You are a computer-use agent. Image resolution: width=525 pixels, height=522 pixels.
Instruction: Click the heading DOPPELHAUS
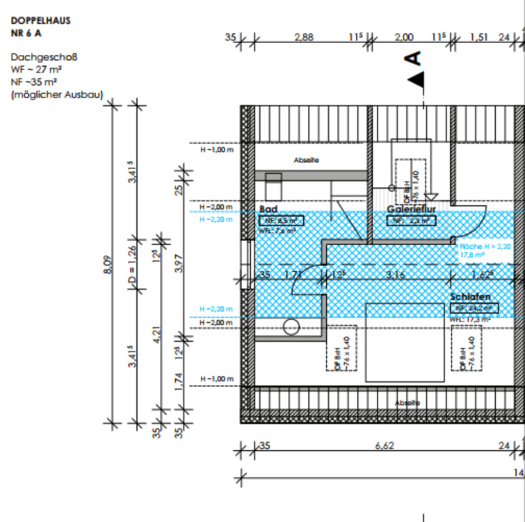40,21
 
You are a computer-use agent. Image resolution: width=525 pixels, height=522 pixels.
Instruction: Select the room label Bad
268,209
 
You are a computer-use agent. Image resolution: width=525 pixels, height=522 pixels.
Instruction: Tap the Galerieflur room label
412,209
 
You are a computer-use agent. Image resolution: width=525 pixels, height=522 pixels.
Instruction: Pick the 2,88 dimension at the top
304,38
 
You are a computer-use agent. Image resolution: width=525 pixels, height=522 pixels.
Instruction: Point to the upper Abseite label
306,161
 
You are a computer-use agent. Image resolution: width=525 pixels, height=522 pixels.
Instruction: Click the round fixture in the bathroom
291,326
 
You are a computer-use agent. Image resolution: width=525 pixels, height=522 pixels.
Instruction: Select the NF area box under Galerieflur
412,221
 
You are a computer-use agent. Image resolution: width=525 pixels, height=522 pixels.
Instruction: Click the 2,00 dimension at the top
403,38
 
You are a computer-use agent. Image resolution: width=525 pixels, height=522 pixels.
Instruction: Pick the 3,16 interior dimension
395,276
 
